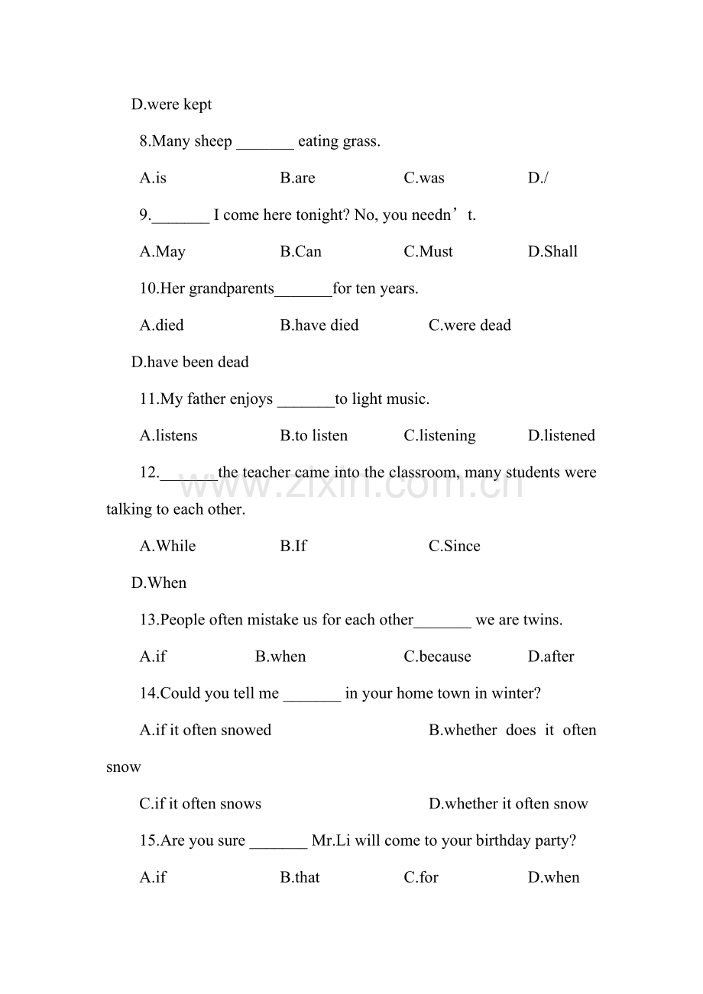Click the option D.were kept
(x=171, y=105)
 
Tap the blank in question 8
(x=265, y=142)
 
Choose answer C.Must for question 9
(x=428, y=252)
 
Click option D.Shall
(x=552, y=252)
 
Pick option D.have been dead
(x=190, y=362)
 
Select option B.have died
(x=319, y=325)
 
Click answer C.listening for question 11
(x=439, y=436)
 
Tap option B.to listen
(x=313, y=436)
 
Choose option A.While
(x=167, y=546)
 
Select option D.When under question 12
(x=159, y=583)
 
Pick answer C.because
(x=437, y=657)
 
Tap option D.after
(x=551, y=657)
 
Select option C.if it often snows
(x=200, y=804)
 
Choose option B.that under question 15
(x=300, y=877)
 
